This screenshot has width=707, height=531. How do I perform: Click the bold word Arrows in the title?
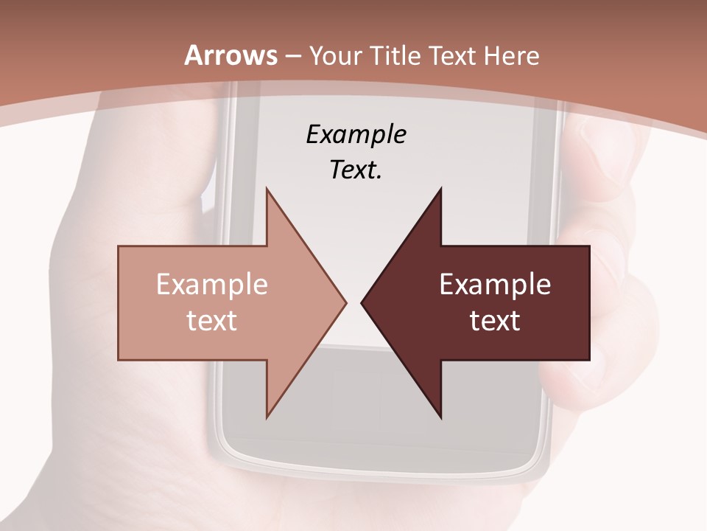click(231, 55)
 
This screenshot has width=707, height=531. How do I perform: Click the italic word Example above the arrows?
click(356, 134)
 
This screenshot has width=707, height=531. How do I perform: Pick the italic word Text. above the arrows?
click(356, 170)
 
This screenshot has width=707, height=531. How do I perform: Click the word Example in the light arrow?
click(211, 285)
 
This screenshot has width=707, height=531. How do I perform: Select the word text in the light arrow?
click(211, 320)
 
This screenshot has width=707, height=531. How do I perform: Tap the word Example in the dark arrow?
click(495, 285)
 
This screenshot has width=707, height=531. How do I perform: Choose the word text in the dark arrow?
click(495, 320)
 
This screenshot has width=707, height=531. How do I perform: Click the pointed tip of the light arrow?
click(345, 302)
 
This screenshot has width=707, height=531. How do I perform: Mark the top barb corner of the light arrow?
click(267, 190)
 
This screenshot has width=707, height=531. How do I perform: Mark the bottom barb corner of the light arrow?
click(267, 417)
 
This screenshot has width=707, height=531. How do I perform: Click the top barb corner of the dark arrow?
click(440, 190)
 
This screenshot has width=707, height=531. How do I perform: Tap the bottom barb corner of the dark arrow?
click(440, 417)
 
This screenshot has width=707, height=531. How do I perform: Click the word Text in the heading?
click(452, 55)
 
